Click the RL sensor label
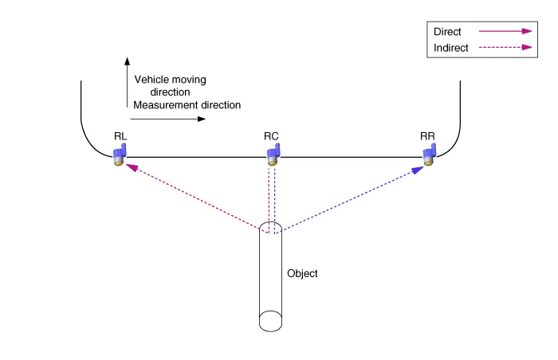coord(120,137)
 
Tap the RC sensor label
coord(271,137)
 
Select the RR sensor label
coord(428,137)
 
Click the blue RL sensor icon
coord(120,154)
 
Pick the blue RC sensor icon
coord(272,154)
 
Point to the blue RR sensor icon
coord(428,154)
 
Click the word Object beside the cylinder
coord(302,273)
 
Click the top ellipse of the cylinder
coord(271,228)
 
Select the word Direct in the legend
coord(447,32)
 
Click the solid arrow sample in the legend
coord(505,32)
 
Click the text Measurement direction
coord(187,105)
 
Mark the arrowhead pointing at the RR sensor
coord(417,170)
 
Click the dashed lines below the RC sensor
coord(272,195)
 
